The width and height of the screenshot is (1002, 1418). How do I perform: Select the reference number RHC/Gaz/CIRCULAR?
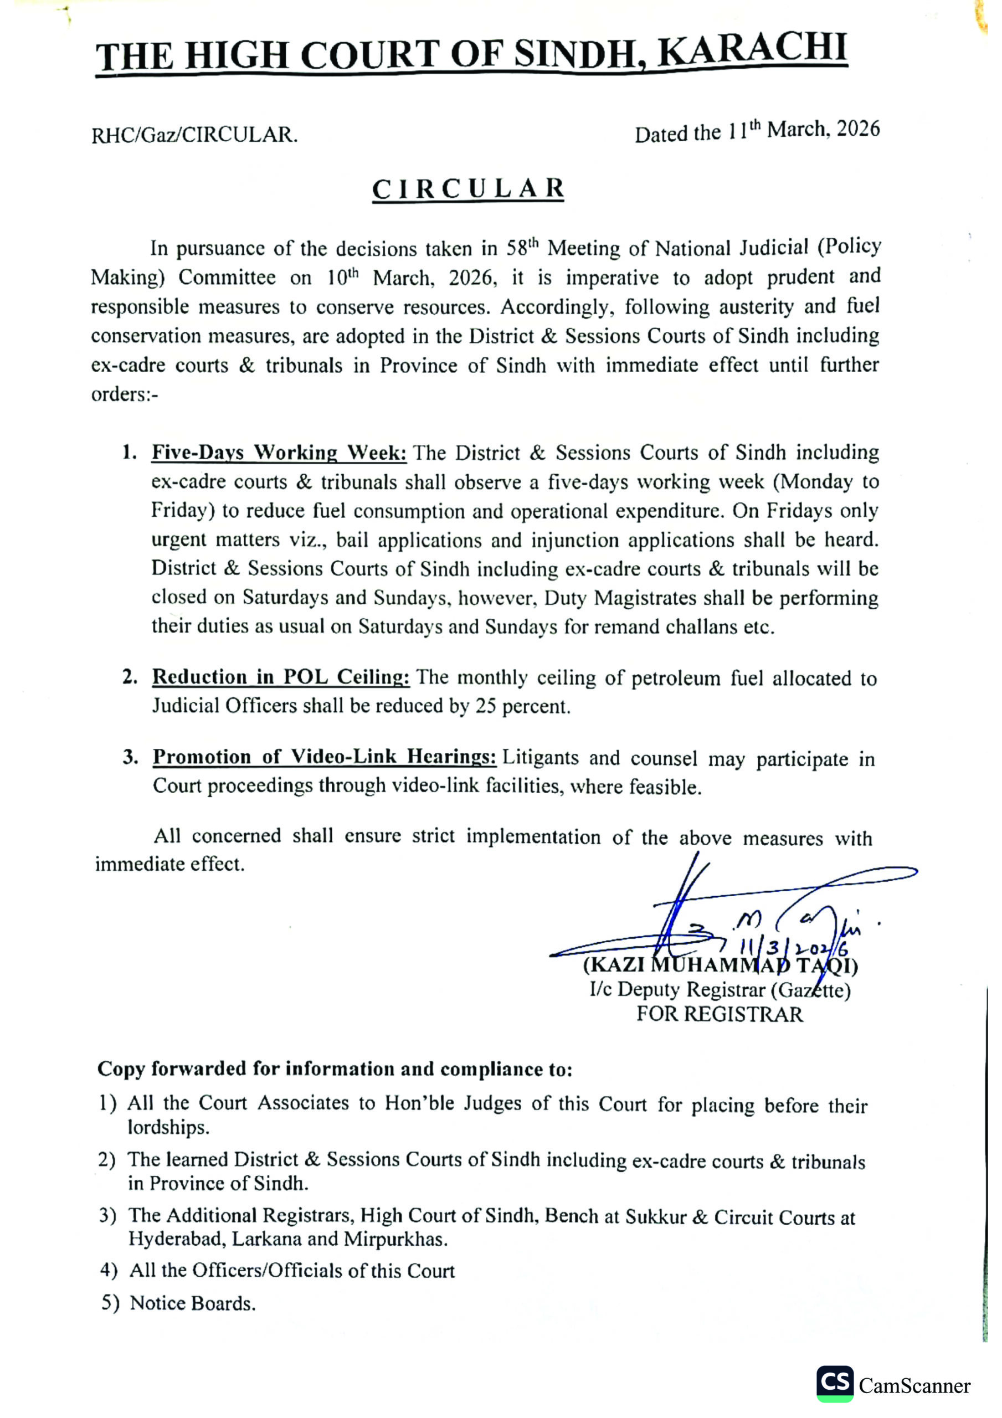(x=194, y=135)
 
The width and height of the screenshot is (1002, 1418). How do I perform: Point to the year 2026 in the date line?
(x=858, y=129)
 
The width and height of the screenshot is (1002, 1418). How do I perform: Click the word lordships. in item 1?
(x=168, y=1128)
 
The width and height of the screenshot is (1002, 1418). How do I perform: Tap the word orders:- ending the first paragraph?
(x=124, y=394)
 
